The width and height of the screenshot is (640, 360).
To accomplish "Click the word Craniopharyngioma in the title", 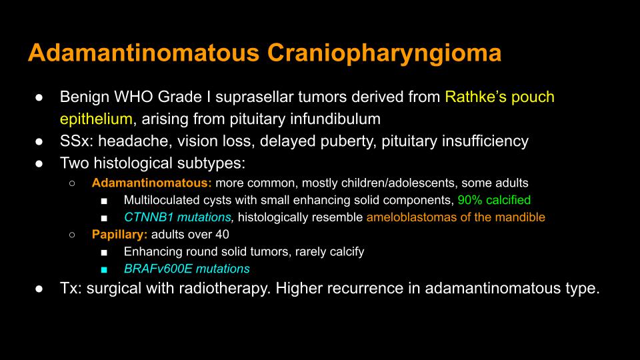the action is pos(384,54).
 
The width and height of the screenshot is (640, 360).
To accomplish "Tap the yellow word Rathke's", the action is pos(474,97).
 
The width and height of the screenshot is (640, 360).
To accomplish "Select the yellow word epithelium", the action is pos(96,119).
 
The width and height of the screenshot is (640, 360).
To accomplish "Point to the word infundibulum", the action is pos(335,119).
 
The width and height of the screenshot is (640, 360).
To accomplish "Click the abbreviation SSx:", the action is pos(77,141).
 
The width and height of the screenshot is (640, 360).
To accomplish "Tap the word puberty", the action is pos(346,141).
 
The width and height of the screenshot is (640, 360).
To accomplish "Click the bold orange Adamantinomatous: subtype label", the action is pos(152,183).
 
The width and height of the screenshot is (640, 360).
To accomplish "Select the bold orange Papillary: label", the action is pos(119,234).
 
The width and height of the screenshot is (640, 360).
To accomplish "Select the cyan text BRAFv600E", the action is pos(159,269).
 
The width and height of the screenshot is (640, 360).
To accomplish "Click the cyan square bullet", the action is pos(104,269).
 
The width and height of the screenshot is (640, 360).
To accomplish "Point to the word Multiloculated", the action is pos(161,199).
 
